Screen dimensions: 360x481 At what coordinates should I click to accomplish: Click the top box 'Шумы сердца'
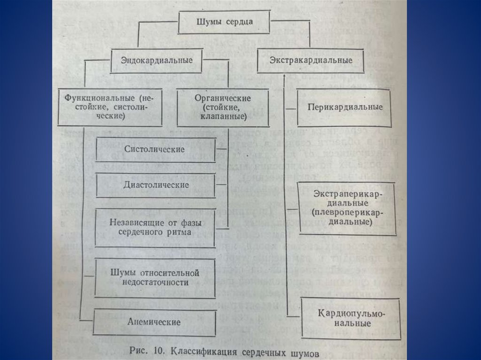[x=225, y=22]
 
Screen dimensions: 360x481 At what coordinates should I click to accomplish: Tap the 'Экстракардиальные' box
[x=311, y=61]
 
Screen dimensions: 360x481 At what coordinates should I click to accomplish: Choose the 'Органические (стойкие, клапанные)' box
[x=223, y=107]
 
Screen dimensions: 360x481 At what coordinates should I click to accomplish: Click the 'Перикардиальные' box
[x=345, y=107]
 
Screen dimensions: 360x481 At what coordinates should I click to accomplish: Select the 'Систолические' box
[x=155, y=149]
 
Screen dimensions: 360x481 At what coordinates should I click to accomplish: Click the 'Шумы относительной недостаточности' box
[x=155, y=277]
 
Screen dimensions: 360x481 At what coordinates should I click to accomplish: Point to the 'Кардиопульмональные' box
[x=351, y=318]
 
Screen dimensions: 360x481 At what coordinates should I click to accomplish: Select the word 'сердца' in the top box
[x=241, y=22]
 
